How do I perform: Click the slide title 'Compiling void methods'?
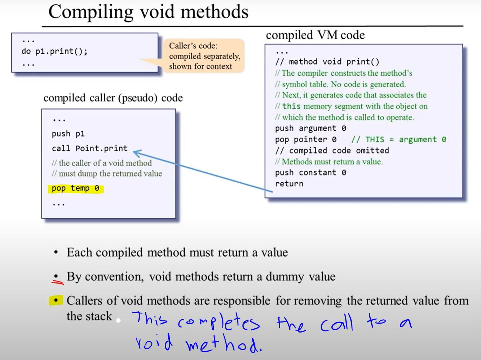(148, 12)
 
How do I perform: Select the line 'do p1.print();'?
(54, 51)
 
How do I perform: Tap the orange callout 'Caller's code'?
(204, 56)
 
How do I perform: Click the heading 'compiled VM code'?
(315, 35)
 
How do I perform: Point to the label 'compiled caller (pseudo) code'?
(113, 98)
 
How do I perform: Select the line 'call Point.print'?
(89, 148)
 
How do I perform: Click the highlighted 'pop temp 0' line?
(75, 188)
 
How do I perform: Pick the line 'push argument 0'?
(310, 128)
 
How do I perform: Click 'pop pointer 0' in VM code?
(306, 139)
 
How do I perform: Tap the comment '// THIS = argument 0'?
(398, 139)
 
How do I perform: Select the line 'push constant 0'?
(310, 173)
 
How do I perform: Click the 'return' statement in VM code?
(289, 184)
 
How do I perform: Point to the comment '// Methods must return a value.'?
(328, 161)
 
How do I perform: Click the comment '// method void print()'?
(327, 62)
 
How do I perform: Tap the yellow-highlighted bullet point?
(56, 300)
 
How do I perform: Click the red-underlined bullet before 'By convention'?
(56, 277)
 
